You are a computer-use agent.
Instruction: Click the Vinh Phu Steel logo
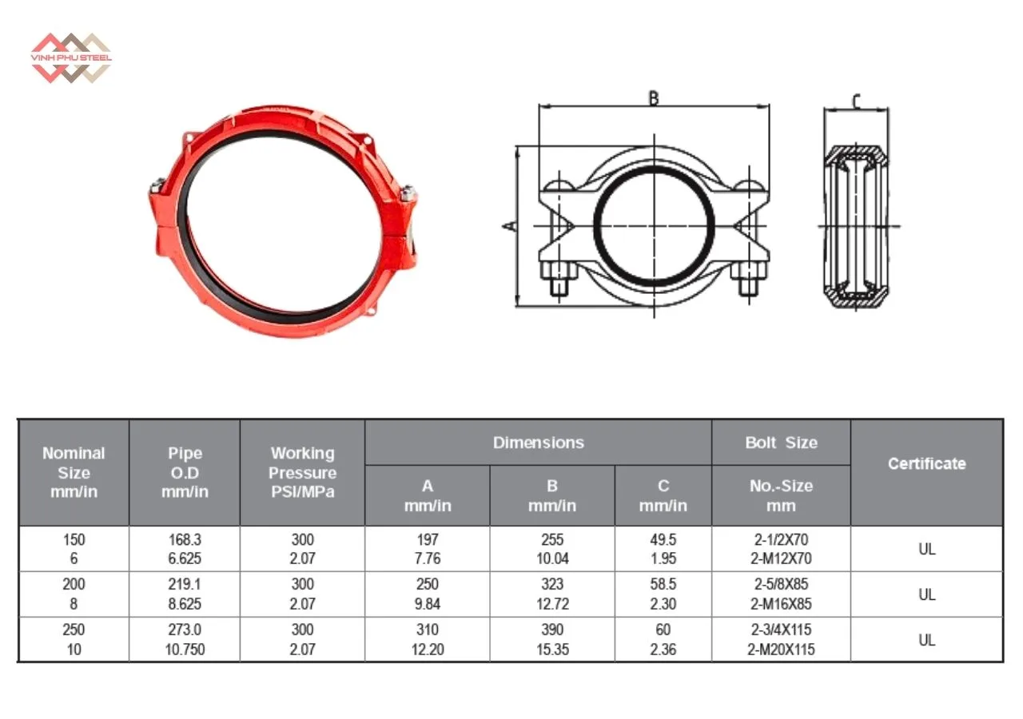(71, 58)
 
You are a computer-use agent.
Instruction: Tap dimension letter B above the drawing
(654, 98)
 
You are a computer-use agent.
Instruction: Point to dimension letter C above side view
(856, 101)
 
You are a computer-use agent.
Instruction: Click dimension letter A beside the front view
(510, 226)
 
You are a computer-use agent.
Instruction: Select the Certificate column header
(926, 464)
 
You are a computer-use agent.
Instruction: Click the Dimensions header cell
(539, 443)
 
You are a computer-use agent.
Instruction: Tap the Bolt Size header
(781, 443)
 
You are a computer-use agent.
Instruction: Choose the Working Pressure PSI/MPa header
(302, 472)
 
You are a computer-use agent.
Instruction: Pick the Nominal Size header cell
(74, 472)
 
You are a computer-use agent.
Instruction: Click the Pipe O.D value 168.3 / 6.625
(185, 549)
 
